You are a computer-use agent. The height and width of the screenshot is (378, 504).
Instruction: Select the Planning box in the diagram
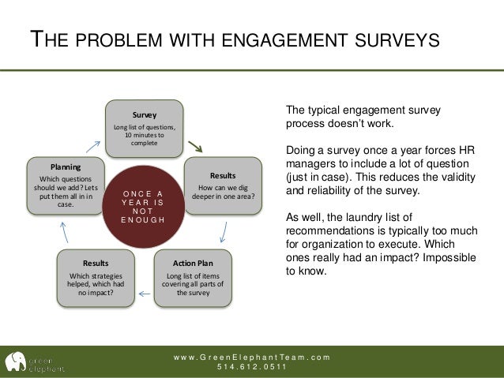tap(66, 186)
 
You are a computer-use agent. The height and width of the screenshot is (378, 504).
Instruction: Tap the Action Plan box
tap(192, 275)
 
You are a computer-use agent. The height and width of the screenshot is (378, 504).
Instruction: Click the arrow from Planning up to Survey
tap(93, 146)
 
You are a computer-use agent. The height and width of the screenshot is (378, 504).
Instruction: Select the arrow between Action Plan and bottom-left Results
tap(145, 293)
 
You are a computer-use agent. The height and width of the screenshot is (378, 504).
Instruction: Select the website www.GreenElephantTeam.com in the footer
tap(252, 357)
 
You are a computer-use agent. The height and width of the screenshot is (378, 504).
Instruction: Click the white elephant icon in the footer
tap(14, 361)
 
